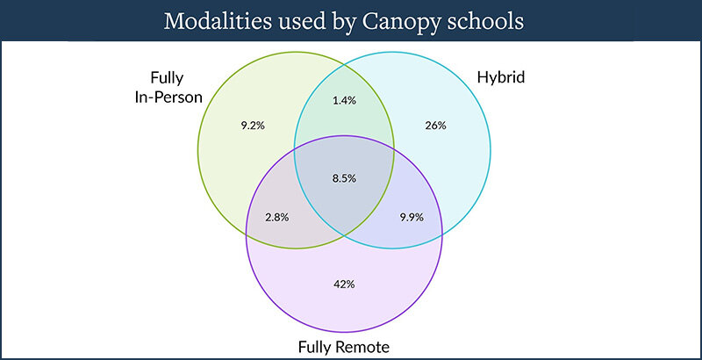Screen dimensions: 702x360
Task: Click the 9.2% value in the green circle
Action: [253, 126]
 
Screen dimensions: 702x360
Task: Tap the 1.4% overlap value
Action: [344, 100]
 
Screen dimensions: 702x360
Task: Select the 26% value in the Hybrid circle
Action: [435, 126]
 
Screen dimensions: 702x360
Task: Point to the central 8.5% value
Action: [344, 178]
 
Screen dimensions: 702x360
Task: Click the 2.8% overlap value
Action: [277, 218]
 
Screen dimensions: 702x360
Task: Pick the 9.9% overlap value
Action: [412, 218]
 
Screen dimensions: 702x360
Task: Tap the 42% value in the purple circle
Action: [344, 284]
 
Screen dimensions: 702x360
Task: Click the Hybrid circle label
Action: [500, 78]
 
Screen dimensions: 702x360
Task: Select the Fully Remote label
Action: [344, 347]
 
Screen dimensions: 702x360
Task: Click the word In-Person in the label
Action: [168, 97]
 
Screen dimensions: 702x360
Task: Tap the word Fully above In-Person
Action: [167, 78]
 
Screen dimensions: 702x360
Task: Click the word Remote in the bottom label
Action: [362, 347]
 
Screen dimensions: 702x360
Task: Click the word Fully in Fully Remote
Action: [315, 347]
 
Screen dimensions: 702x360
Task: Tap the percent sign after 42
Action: [350, 284]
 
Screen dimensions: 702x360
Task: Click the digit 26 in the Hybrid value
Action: [430, 126]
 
